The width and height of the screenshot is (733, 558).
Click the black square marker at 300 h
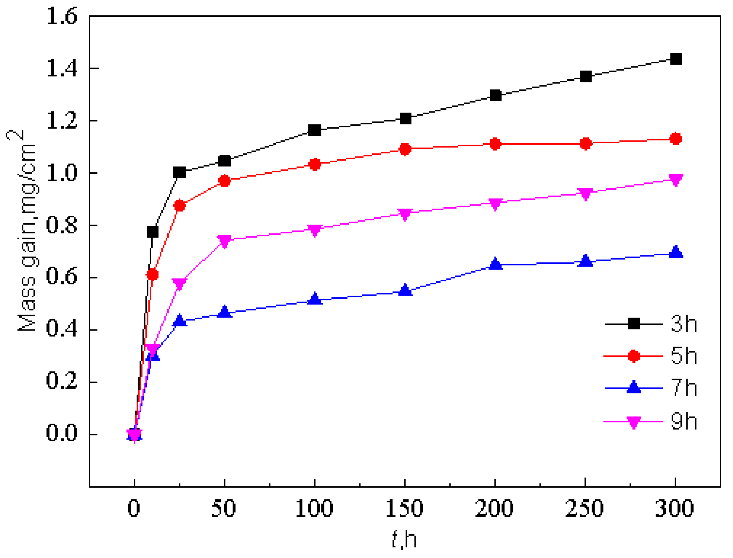pos(676,59)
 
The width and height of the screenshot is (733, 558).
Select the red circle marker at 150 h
pos(405,149)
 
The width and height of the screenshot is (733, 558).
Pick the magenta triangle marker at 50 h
pos(225,240)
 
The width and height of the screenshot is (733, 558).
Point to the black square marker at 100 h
pos(315,130)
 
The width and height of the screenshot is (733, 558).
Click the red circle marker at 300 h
pos(676,139)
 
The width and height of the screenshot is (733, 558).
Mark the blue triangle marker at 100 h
pos(315,299)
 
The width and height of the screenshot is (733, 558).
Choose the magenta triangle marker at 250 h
pos(586,194)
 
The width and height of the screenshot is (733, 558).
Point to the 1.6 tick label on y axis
pos(61,16)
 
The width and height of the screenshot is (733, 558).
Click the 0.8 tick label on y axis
pos(61,225)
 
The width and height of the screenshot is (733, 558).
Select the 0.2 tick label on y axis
pos(61,382)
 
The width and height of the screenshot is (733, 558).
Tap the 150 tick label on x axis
pos(404,508)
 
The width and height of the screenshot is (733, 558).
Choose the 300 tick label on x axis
pos(675,508)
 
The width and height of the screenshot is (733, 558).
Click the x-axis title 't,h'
pos(404,539)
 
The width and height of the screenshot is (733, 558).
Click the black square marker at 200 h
pos(496,95)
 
